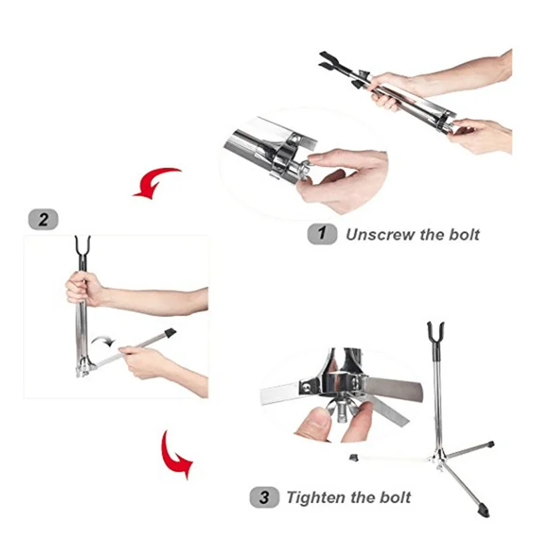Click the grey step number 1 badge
point(322,234)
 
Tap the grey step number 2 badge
point(43,220)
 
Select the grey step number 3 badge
point(265,497)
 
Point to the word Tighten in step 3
point(316,498)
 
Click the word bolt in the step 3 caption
point(395,497)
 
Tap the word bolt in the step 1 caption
point(464,235)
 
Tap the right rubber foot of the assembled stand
point(490,444)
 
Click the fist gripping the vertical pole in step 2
point(81,289)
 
